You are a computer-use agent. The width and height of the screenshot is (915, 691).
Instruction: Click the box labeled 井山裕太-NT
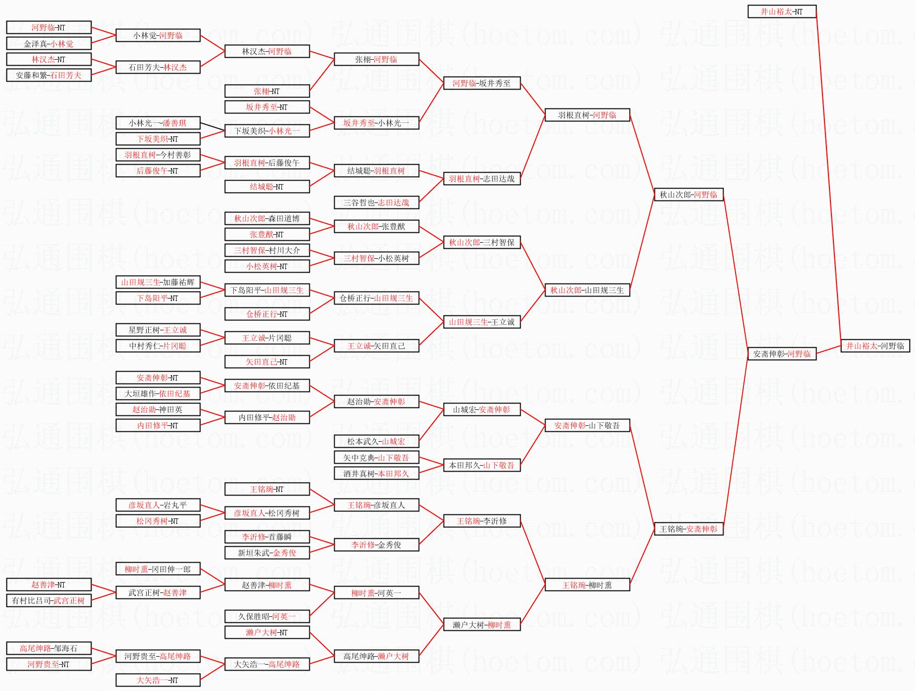click(x=782, y=11)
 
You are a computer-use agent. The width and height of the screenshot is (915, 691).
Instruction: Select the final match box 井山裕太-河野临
click(x=875, y=346)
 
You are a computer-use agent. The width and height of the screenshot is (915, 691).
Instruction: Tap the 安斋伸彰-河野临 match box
click(x=782, y=354)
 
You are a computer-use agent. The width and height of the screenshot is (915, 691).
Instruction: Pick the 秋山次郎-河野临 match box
click(x=688, y=195)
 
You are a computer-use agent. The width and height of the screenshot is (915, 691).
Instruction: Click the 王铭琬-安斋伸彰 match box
click(x=688, y=529)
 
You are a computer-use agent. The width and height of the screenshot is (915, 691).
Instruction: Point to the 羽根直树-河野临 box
click(x=587, y=115)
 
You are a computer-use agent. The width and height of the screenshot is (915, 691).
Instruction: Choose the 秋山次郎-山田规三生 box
click(x=587, y=290)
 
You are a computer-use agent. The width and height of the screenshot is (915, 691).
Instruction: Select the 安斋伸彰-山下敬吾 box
click(x=587, y=425)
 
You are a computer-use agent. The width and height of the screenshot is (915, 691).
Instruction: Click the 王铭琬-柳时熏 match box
click(x=587, y=585)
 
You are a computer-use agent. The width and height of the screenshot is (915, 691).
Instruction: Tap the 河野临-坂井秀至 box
click(x=481, y=83)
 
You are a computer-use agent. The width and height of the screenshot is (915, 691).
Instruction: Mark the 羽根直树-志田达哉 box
click(x=481, y=179)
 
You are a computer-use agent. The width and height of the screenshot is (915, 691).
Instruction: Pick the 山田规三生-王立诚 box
click(x=481, y=322)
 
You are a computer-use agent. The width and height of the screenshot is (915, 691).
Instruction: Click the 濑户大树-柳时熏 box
click(x=481, y=625)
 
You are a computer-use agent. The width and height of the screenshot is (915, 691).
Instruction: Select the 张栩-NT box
click(x=267, y=91)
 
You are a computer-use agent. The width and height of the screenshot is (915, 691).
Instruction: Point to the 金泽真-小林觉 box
click(x=49, y=43)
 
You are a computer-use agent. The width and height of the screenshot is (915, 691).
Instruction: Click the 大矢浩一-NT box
click(x=158, y=680)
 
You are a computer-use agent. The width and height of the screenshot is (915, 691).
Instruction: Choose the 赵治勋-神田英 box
click(x=158, y=409)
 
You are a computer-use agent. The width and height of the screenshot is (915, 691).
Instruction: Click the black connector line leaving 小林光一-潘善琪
click(x=212, y=127)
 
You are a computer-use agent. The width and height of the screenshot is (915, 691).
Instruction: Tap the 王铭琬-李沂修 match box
click(x=481, y=521)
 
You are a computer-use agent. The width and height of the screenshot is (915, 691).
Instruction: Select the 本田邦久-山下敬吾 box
click(x=481, y=465)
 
